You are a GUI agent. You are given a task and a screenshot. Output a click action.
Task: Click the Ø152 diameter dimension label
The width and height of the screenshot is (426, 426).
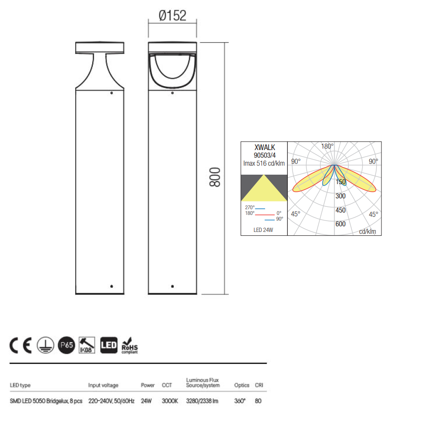(x=172, y=16)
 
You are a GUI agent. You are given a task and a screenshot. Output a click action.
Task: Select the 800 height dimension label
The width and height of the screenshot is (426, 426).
(x=215, y=177)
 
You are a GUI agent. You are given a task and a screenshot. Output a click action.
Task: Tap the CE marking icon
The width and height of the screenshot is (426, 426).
(x=21, y=346)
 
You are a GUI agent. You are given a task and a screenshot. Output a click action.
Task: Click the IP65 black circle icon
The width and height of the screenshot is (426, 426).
(x=67, y=345)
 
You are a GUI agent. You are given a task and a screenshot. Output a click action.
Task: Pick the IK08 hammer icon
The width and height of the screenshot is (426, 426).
(x=87, y=345)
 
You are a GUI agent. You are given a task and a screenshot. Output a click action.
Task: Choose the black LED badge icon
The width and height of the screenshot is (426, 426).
(x=109, y=345)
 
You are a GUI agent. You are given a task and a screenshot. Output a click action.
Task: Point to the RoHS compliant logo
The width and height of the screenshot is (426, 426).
(x=130, y=346)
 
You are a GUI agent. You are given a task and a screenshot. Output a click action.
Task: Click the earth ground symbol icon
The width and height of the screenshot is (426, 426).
(x=45, y=345)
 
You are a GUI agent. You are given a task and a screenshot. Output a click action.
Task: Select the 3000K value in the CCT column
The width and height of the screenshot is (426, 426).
(x=170, y=401)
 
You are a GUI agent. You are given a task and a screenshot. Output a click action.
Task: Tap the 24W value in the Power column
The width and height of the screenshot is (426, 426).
(x=146, y=401)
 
